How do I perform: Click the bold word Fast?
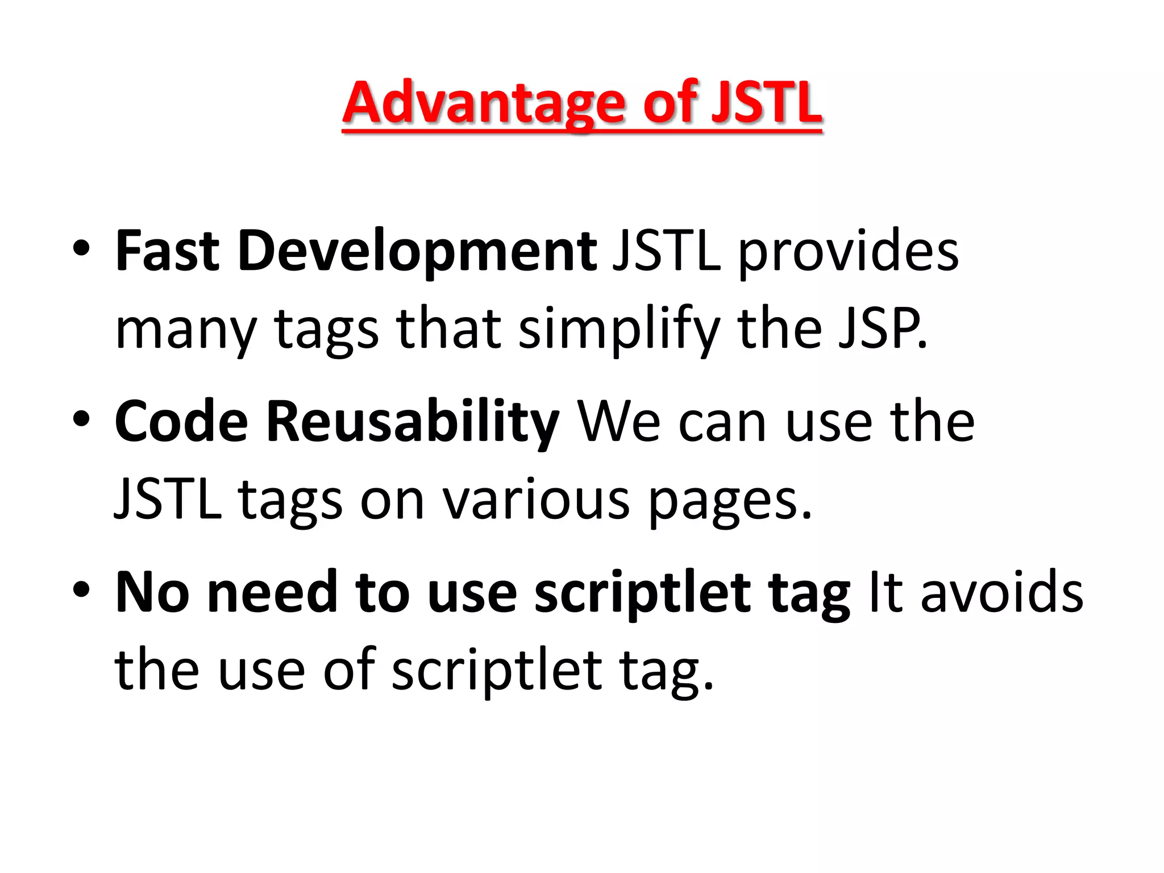167,251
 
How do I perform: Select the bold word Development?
417,252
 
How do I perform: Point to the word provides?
848,252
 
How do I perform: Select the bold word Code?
181,422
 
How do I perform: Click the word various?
537,500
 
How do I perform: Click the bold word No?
152,592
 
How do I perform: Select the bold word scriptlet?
642,593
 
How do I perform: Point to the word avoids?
1001,592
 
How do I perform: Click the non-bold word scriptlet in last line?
497,671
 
